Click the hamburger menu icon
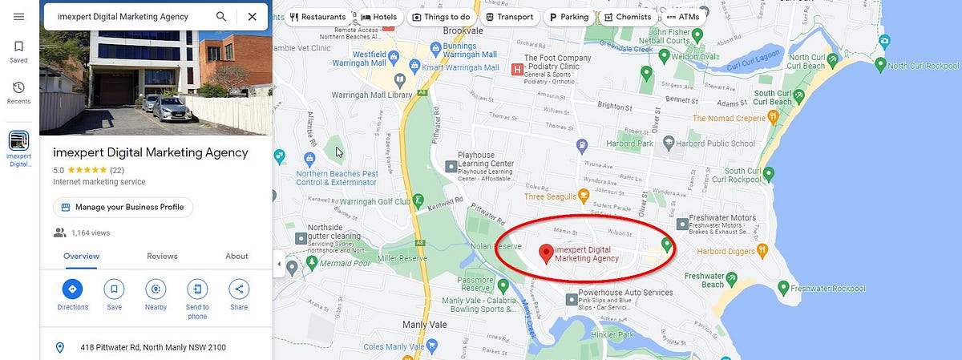[18, 17]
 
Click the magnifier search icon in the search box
[221, 16]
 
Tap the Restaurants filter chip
[318, 17]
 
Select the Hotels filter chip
[379, 17]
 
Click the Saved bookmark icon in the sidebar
[18, 47]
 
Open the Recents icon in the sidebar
[18, 87]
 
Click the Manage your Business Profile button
[123, 207]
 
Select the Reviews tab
[162, 256]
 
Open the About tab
[236, 256]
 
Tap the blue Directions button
[72, 289]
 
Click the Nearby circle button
[156, 289]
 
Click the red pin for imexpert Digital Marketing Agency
[546, 253]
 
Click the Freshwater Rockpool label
[827, 288]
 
